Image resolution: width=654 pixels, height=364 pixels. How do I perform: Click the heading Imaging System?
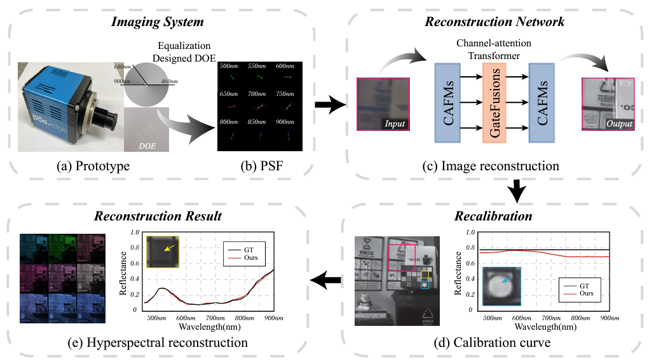point(158,23)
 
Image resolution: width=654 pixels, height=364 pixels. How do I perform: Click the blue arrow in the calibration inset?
point(505,280)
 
